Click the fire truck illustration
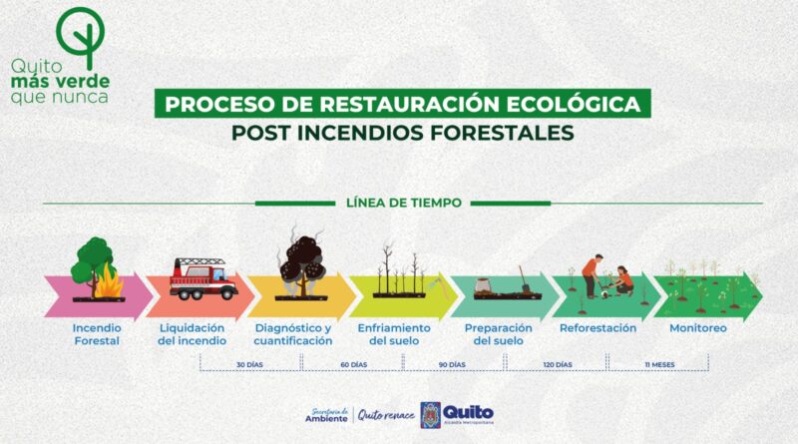pos(203,278)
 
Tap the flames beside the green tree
pos(109,282)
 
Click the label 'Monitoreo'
pos(697,328)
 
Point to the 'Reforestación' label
pos(598,328)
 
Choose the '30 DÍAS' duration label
pos(249,365)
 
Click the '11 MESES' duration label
pos(659,365)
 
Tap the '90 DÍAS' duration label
pos(452,365)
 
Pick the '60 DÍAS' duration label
pos(354,365)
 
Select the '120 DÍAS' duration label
pos(558,365)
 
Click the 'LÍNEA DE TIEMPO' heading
pos(404,203)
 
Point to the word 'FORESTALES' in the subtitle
pos(502,133)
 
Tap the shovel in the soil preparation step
pos(525,279)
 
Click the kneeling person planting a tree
pos(622,280)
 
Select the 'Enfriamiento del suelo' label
pos(394,334)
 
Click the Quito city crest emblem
pos(431,415)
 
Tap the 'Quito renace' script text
pos(386,415)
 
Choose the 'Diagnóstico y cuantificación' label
pos(293,334)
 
